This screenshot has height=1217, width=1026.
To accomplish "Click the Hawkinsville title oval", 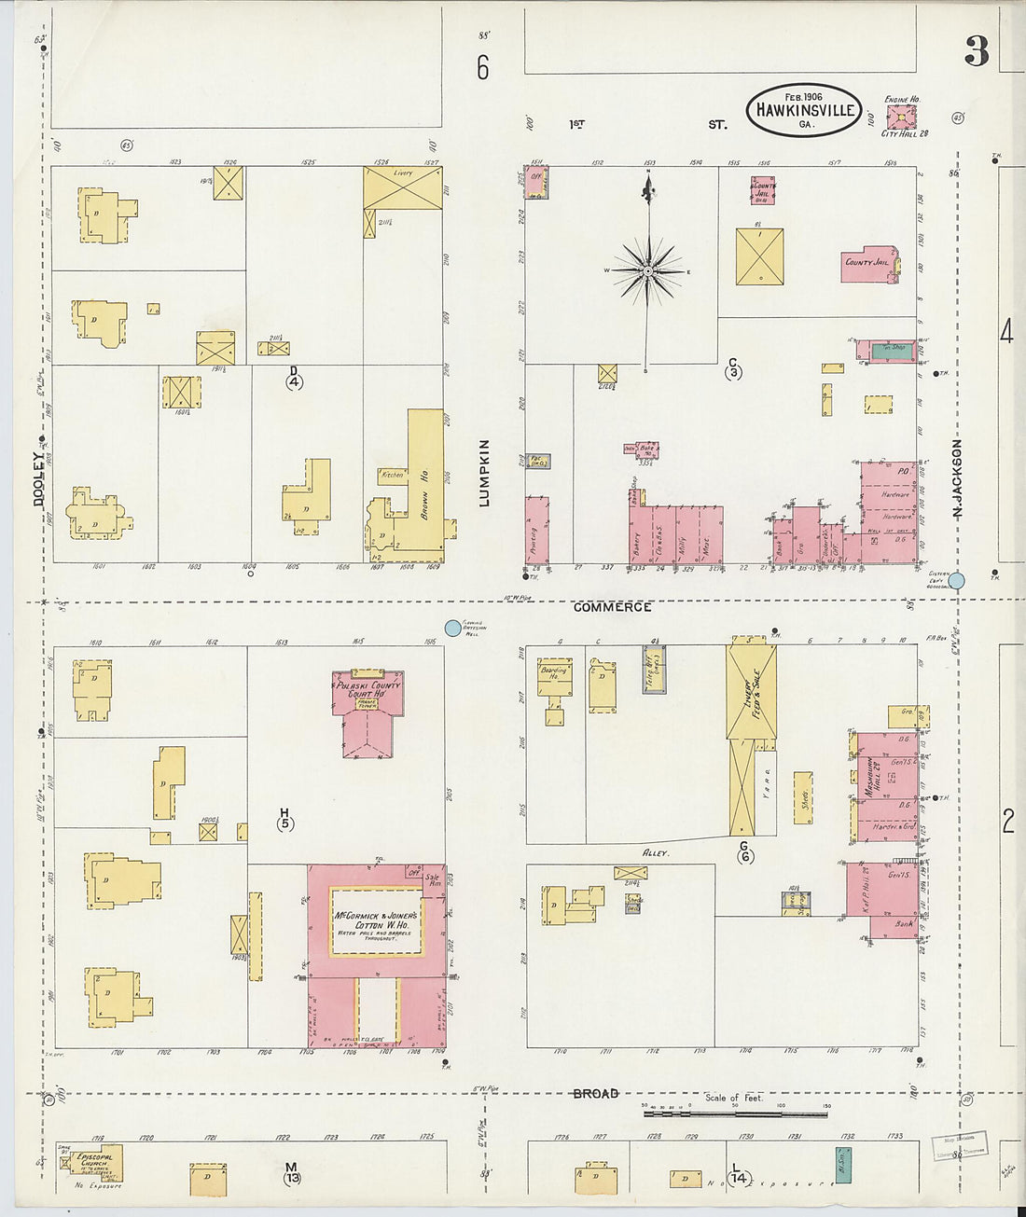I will point(804,110).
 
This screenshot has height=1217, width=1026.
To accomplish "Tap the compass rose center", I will point(646,271).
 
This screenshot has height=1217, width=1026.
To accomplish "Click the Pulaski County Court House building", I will point(367,713).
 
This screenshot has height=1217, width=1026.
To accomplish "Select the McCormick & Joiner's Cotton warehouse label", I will point(377,921).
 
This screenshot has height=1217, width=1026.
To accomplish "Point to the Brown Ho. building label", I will point(423,493).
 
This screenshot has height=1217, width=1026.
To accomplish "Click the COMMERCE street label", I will point(612,607).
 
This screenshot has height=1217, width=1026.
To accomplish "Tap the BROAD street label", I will point(595,1093).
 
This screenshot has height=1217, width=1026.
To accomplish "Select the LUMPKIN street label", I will point(483,473).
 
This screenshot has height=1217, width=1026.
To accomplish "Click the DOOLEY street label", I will point(39,478).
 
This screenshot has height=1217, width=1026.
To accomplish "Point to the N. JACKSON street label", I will point(957,475).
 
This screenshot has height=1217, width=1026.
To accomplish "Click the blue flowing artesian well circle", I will point(453,629).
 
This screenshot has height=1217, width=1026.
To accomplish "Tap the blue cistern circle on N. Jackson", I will point(957,580).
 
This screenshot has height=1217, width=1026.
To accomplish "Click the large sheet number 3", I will point(977,51).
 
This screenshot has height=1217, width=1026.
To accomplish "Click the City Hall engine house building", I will point(901,117).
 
